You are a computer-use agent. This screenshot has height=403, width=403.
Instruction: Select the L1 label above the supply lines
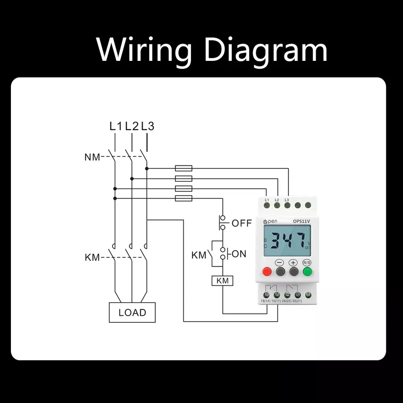coord(116,126)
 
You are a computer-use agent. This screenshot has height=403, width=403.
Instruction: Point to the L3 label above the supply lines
coord(147,126)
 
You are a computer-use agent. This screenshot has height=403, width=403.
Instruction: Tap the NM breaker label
coord(92,157)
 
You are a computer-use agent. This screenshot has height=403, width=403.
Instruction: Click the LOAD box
coord(132,312)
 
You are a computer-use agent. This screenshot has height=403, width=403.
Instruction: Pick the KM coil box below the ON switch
coord(222,281)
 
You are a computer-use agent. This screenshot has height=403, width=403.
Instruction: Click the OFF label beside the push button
coord(241,223)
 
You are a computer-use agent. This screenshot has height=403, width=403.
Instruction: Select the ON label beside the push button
coord(239,254)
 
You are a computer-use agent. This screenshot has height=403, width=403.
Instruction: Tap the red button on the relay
coord(267,271)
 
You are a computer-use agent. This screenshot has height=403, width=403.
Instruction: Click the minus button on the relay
coord(280,271)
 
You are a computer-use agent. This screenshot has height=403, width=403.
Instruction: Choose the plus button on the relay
coord(293,271)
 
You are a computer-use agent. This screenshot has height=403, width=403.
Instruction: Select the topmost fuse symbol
coord(183,168)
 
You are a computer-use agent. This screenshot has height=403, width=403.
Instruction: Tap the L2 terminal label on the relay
coord(277,199)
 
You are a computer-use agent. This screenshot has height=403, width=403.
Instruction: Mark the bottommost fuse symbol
coord(183,198)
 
